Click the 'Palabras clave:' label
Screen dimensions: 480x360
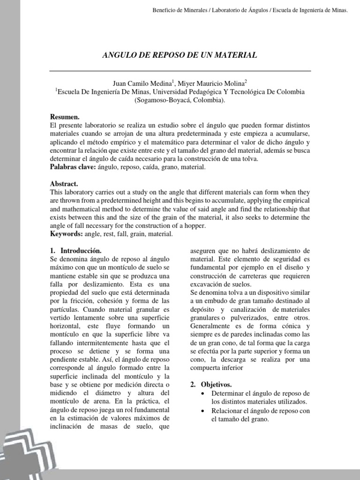(x=72, y=167)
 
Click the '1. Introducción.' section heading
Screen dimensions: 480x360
(x=75, y=251)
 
